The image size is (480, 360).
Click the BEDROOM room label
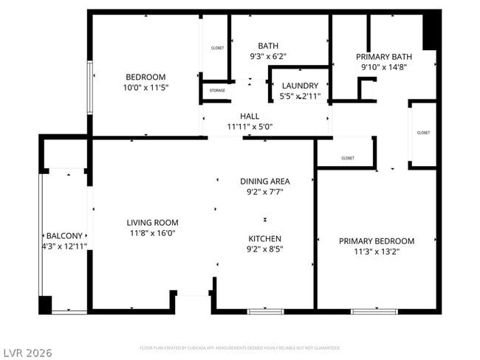145,77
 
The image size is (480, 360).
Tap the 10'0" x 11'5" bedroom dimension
145,87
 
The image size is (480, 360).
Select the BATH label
268,45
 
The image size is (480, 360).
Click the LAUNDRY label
300,86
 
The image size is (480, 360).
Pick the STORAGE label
217,91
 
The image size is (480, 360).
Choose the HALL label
250,117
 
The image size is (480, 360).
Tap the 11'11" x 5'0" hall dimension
250,126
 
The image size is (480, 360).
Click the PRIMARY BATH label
384,56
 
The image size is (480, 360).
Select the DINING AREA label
265,181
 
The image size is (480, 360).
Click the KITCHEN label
265,238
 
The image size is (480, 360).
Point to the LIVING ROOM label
152,222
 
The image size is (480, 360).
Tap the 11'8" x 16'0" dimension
152,233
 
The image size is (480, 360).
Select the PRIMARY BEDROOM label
377,240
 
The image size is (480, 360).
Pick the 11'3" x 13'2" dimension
377,251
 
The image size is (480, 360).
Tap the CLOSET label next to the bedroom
217,48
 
